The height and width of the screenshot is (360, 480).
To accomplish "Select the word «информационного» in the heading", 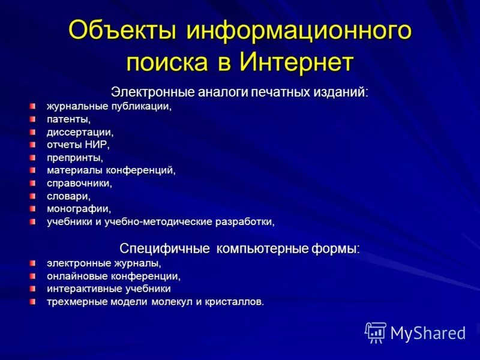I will [299, 30].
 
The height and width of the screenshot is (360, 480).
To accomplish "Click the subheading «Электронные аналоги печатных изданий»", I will [239, 92].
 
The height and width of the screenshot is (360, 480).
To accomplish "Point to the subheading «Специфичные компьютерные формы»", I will [239, 248].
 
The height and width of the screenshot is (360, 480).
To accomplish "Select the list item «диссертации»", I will [80, 132].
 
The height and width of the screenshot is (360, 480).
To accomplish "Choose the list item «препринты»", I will [75, 158].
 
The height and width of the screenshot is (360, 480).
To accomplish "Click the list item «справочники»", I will [79, 183].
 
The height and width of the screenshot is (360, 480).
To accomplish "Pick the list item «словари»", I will [69, 196].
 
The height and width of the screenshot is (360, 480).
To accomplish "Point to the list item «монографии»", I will [79, 209].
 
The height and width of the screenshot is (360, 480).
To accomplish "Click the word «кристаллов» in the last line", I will [235, 302].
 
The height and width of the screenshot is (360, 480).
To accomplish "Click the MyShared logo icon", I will [376, 332].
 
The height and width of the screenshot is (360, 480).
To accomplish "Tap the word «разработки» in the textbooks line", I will [245, 222].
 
